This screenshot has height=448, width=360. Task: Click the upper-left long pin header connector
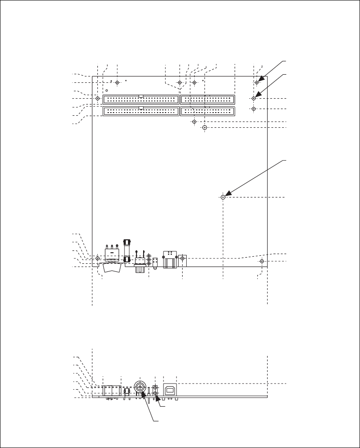(x=140, y=100)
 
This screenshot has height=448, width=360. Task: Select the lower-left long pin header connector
(x=140, y=111)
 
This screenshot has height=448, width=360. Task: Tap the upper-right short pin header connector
(x=208, y=100)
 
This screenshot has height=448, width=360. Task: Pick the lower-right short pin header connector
(x=208, y=111)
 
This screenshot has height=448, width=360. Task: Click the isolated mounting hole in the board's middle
(x=223, y=197)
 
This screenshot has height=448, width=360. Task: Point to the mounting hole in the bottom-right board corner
(x=262, y=261)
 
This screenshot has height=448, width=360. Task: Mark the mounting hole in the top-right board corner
(x=257, y=83)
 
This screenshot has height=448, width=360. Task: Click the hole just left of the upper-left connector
(x=98, y=98)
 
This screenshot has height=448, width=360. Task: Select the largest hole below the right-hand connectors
(x=205, y=128)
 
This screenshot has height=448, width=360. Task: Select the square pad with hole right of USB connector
(x=182, y=258)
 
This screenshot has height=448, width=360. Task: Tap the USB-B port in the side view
(x=170, y=389)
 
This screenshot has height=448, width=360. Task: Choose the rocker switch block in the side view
(x=112, y=391)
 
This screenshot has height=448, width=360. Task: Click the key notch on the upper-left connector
(x=140, y=96)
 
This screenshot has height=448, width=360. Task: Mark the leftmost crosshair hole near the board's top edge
(x=117, y=82)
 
